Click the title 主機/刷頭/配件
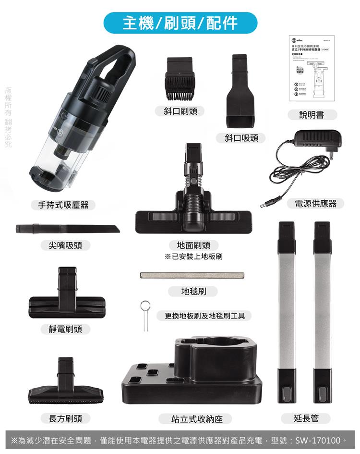tap(180, 23)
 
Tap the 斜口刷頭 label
tap(180, 111)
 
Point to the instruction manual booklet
tap(312, 67)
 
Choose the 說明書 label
tap(312, 115)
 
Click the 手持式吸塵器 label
tap(63, 205)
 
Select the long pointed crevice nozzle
tap(67, 228)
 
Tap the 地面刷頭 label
tap(193, 245)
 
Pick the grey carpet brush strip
tap(192, 275)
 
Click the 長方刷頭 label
tap(65, 418)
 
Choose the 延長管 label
tap(306, 418)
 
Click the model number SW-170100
tap(318, 440)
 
